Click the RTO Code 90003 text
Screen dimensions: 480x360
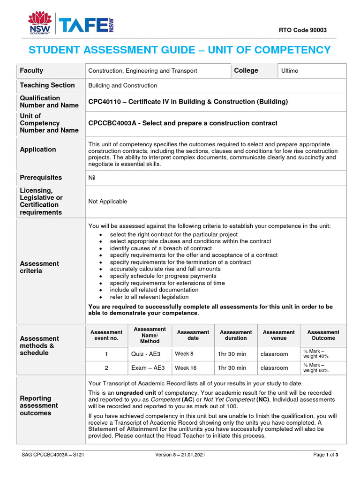click(x=303, y=30)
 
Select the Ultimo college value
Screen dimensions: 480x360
click(x=289, y=71)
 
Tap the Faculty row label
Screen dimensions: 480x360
click(x=31, y=71)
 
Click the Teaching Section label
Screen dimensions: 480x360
click(x=47, y=85)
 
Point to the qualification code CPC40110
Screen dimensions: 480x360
click(x=104, y=102)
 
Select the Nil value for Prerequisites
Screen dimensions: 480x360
click(x=92, y=178)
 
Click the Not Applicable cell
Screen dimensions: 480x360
click(x=107, y=202)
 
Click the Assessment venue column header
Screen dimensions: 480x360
click(x=278, y=335)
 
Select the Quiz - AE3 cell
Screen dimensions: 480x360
click(x=146, y=354)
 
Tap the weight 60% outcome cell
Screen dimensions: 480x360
click(x=316, y=368)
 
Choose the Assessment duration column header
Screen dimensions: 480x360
click(x=235, y=335)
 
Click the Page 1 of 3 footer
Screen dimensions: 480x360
click(x=325, y=455)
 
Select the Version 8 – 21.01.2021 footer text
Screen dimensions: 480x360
click(x=180, y=455)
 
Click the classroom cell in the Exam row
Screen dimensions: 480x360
click(x=274, y=368)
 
